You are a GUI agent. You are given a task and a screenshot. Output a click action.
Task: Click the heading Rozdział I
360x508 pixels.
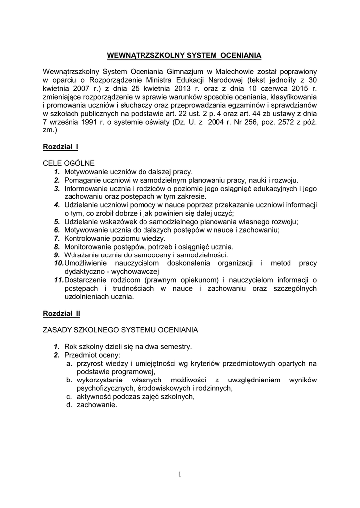coord(61,147)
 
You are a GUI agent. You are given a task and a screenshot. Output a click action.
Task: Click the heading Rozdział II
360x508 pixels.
coord(62,314)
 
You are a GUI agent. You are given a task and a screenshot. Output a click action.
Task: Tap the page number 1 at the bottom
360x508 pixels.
coord(180,474)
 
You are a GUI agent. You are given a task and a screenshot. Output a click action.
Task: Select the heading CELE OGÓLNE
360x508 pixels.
coord(69,163)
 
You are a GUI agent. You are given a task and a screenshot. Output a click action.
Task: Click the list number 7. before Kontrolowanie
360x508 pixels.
coord(57,238)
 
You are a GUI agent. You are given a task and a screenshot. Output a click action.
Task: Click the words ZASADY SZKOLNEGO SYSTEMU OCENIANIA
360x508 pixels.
coord(121,330)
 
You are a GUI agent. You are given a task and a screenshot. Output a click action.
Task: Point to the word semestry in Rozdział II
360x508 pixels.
coord(177,347)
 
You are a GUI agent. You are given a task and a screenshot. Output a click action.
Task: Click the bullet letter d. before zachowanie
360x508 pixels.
coord(70,405)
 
